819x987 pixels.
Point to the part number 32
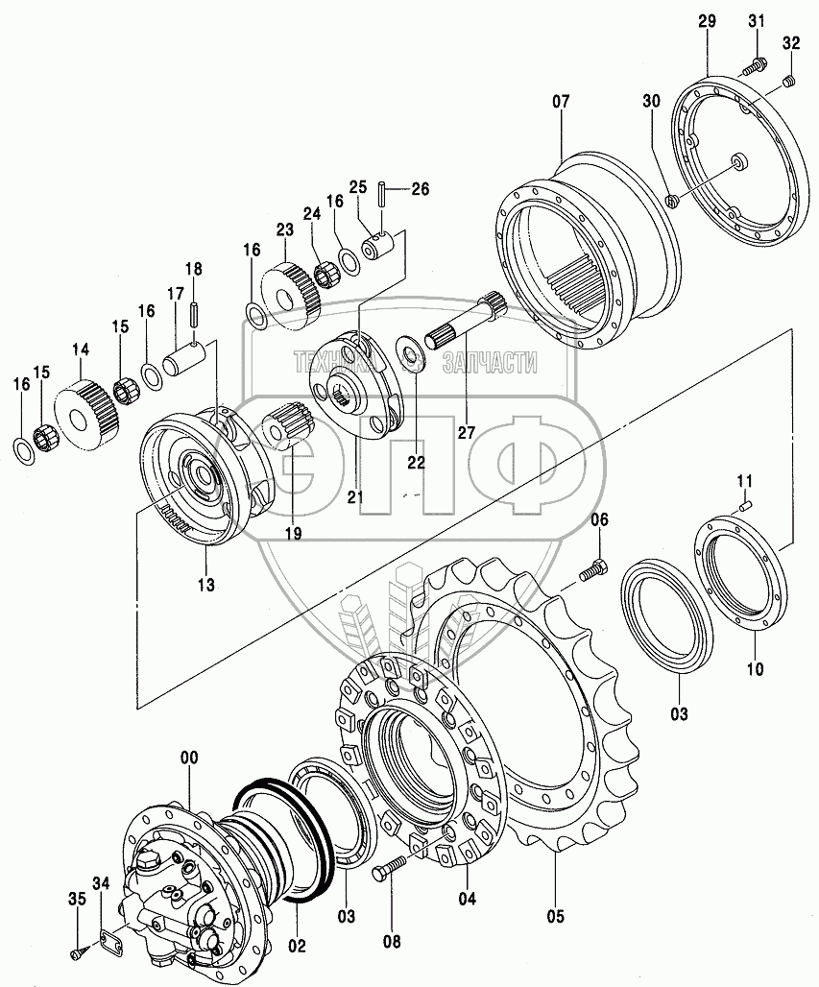[x=790, y=44]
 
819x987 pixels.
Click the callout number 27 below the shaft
[x=467, y=432]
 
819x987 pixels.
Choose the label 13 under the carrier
[x=206, y=585]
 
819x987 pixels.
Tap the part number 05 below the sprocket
[x=557, y=915]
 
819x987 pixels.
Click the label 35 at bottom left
[x=76, y=899]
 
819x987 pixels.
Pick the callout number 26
[x=420, y=188]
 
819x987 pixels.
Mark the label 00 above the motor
[x=189, y=758]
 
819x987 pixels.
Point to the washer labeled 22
[x=414, y=361]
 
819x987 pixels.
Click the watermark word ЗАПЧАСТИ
[x=489, y=362]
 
